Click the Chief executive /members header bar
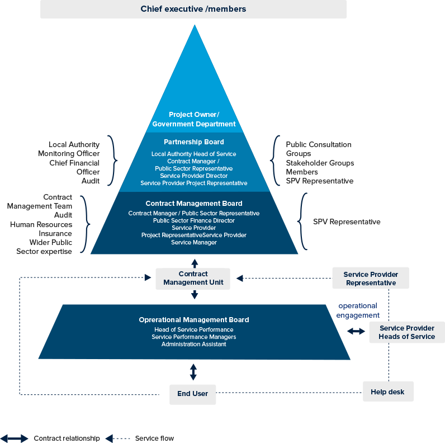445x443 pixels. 193,9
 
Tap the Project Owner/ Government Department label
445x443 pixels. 194,119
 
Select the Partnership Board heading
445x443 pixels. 194,142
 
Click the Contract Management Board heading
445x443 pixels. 194,204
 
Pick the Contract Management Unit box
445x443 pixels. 193,278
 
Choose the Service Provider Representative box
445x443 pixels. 371,279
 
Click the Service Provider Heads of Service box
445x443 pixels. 406,332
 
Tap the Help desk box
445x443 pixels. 388,392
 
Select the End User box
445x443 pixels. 193,394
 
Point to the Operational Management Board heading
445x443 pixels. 194,320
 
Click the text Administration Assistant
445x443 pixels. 194,345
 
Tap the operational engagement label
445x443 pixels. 358,310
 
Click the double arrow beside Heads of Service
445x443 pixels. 356,332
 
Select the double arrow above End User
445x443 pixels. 193,372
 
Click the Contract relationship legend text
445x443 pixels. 67,439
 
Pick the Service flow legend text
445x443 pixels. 154,439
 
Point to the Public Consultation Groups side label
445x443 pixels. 319,149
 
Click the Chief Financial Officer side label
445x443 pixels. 74,167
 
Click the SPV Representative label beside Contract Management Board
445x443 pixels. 347,222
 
